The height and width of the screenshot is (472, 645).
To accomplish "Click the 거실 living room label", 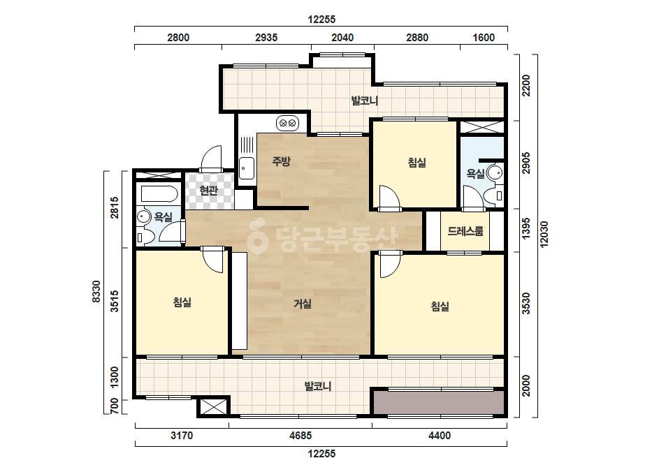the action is [x=303, y=304].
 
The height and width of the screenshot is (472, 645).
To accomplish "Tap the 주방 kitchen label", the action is [x=282, y=161].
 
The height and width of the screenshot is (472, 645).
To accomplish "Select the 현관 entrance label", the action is [x=208, y=191].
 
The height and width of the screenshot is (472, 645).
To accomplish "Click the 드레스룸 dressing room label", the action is [x=465, y=231].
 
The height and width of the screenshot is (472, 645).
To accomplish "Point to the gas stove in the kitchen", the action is [x=287, y=123].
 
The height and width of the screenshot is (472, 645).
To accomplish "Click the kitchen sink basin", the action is [x=247, y=168].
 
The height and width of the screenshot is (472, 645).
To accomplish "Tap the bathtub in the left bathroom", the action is [x=159, y=193].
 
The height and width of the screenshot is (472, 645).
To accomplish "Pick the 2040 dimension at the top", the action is [x=342, y=38].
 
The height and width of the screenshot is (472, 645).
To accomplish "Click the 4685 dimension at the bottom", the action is [x=300, y=436].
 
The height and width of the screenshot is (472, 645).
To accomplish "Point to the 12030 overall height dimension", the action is [x=544, y=235].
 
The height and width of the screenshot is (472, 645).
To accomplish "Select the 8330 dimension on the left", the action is [x=96, y=291].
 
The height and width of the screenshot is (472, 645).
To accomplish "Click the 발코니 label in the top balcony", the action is [x=365, y=101].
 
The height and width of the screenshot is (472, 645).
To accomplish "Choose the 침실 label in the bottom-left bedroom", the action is [x=182, y=302].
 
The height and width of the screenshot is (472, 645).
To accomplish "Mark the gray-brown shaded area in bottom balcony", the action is [x=438, y=402].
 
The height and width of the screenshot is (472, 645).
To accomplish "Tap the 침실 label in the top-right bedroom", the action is [x=416, y=163].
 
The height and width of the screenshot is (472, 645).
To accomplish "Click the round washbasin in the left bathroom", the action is [x=143, y=216].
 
